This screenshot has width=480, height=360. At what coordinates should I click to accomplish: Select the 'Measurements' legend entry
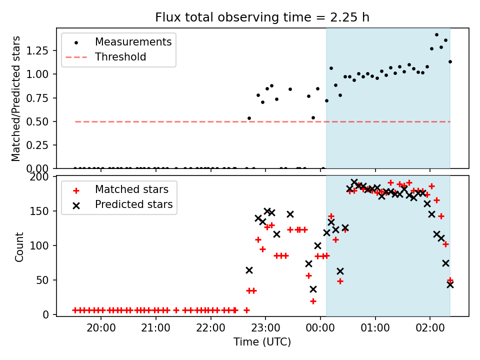click(x=133, y=42)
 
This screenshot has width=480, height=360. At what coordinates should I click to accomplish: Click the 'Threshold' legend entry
click(x=120, y=57)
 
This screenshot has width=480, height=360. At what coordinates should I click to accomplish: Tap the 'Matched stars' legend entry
click(x=131, y=189)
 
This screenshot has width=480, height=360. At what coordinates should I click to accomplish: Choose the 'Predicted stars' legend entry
click(x=134, y=204)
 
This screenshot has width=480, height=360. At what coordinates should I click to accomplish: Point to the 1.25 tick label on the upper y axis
click(x=37, y=50)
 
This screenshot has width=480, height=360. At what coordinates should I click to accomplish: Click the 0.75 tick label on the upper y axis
click(x=37, y=98)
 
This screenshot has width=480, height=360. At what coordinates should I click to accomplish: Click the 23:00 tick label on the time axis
click(x=265, y=328)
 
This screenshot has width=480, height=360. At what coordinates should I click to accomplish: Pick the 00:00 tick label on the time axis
click(x=320, y=328)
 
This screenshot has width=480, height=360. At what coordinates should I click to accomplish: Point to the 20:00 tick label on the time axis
click(x=101, y=328)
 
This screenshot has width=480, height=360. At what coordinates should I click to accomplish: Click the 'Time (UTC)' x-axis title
click(x=262, y=341)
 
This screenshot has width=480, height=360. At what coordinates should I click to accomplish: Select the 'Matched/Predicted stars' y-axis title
click(x=16, y=98)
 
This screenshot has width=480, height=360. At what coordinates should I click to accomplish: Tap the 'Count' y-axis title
click(x=19, y=246)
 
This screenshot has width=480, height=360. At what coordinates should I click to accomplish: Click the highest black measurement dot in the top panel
click(x=436, y=35)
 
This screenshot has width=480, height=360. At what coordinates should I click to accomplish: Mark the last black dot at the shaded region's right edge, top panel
click(x=450, y=62)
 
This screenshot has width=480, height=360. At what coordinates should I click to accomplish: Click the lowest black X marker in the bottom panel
click(x=313, y=289)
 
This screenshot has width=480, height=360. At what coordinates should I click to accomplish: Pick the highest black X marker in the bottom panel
click(x=354, y=182)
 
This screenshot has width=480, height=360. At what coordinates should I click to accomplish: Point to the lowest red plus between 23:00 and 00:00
click(x=313, y=301)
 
